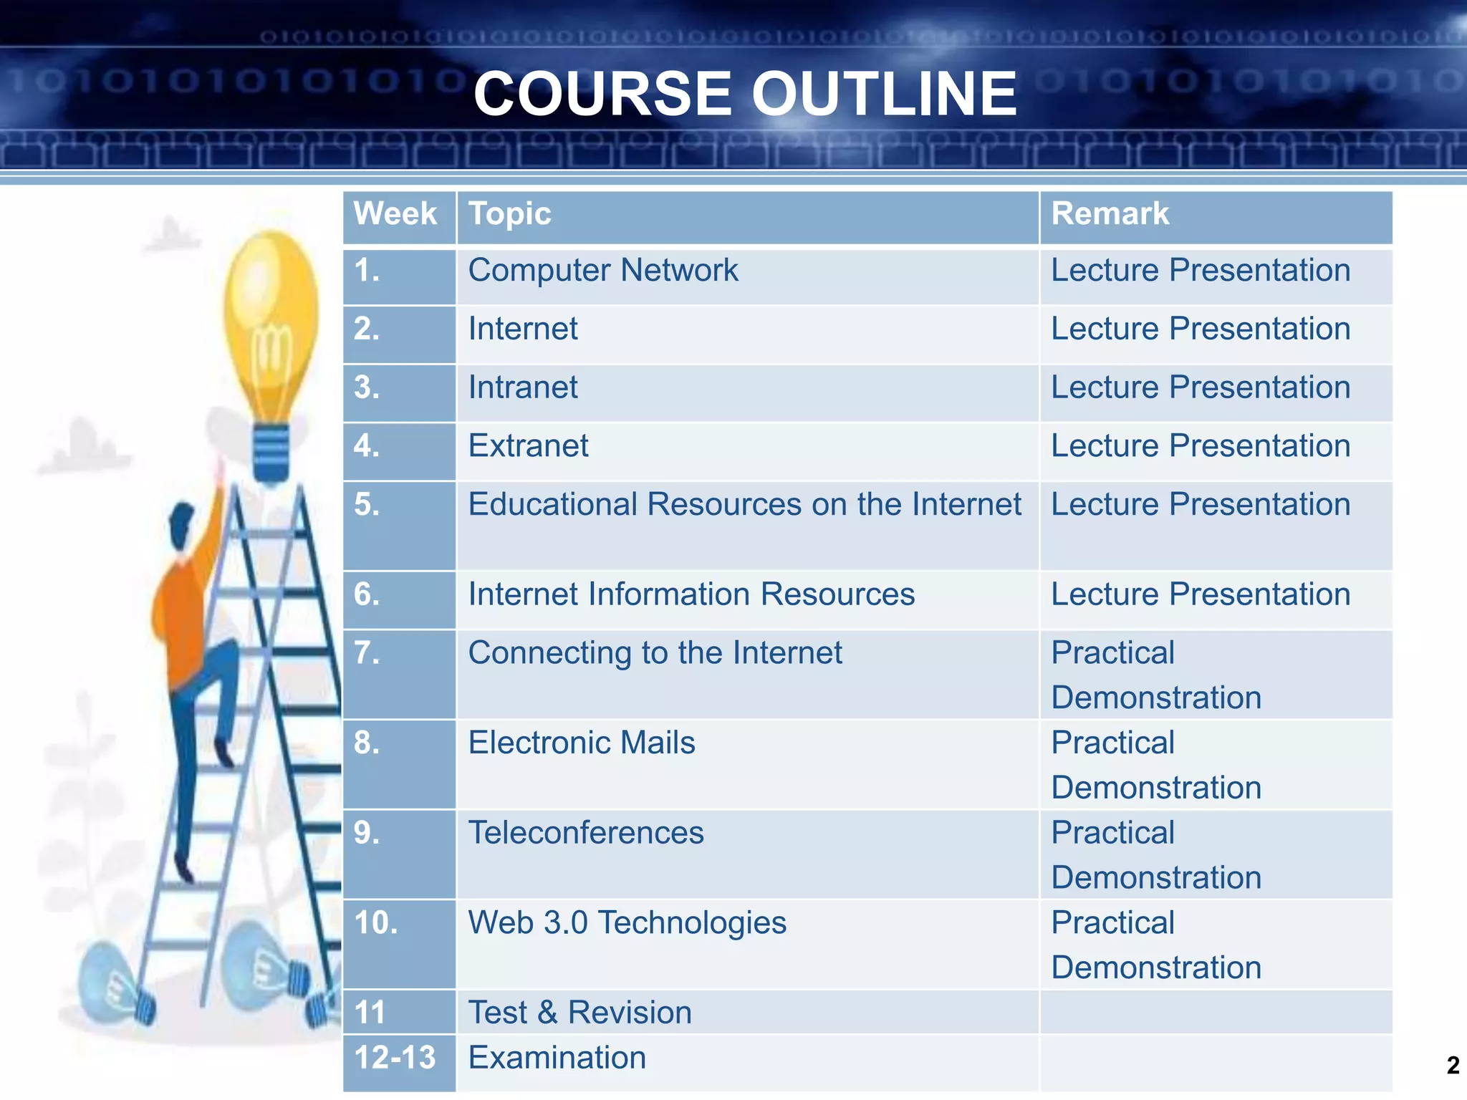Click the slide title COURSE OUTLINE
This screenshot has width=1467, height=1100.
[745, 94]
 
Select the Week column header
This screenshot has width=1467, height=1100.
[395, 214]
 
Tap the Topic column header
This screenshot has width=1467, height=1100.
[509, 214]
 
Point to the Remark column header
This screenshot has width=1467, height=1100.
[1110, 214]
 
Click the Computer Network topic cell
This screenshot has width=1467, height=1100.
[602, 271]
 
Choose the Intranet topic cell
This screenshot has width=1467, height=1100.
[523, 387]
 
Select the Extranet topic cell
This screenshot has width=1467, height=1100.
[528, 446]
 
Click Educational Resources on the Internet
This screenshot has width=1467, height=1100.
[744, 505]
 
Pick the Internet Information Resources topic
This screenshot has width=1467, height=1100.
[691, 594]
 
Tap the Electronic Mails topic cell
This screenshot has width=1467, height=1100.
[582, 743]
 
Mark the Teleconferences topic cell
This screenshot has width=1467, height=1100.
[586, 833]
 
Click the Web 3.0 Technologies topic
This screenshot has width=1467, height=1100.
[627, 922]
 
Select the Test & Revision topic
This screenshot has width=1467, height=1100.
[580, 1013]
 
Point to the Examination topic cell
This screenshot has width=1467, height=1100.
[557, 1058]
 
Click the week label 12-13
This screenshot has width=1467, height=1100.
[395, 1058]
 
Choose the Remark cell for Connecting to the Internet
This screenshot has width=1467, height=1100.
[1155, 675]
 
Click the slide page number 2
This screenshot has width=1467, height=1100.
[1453, 1065]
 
